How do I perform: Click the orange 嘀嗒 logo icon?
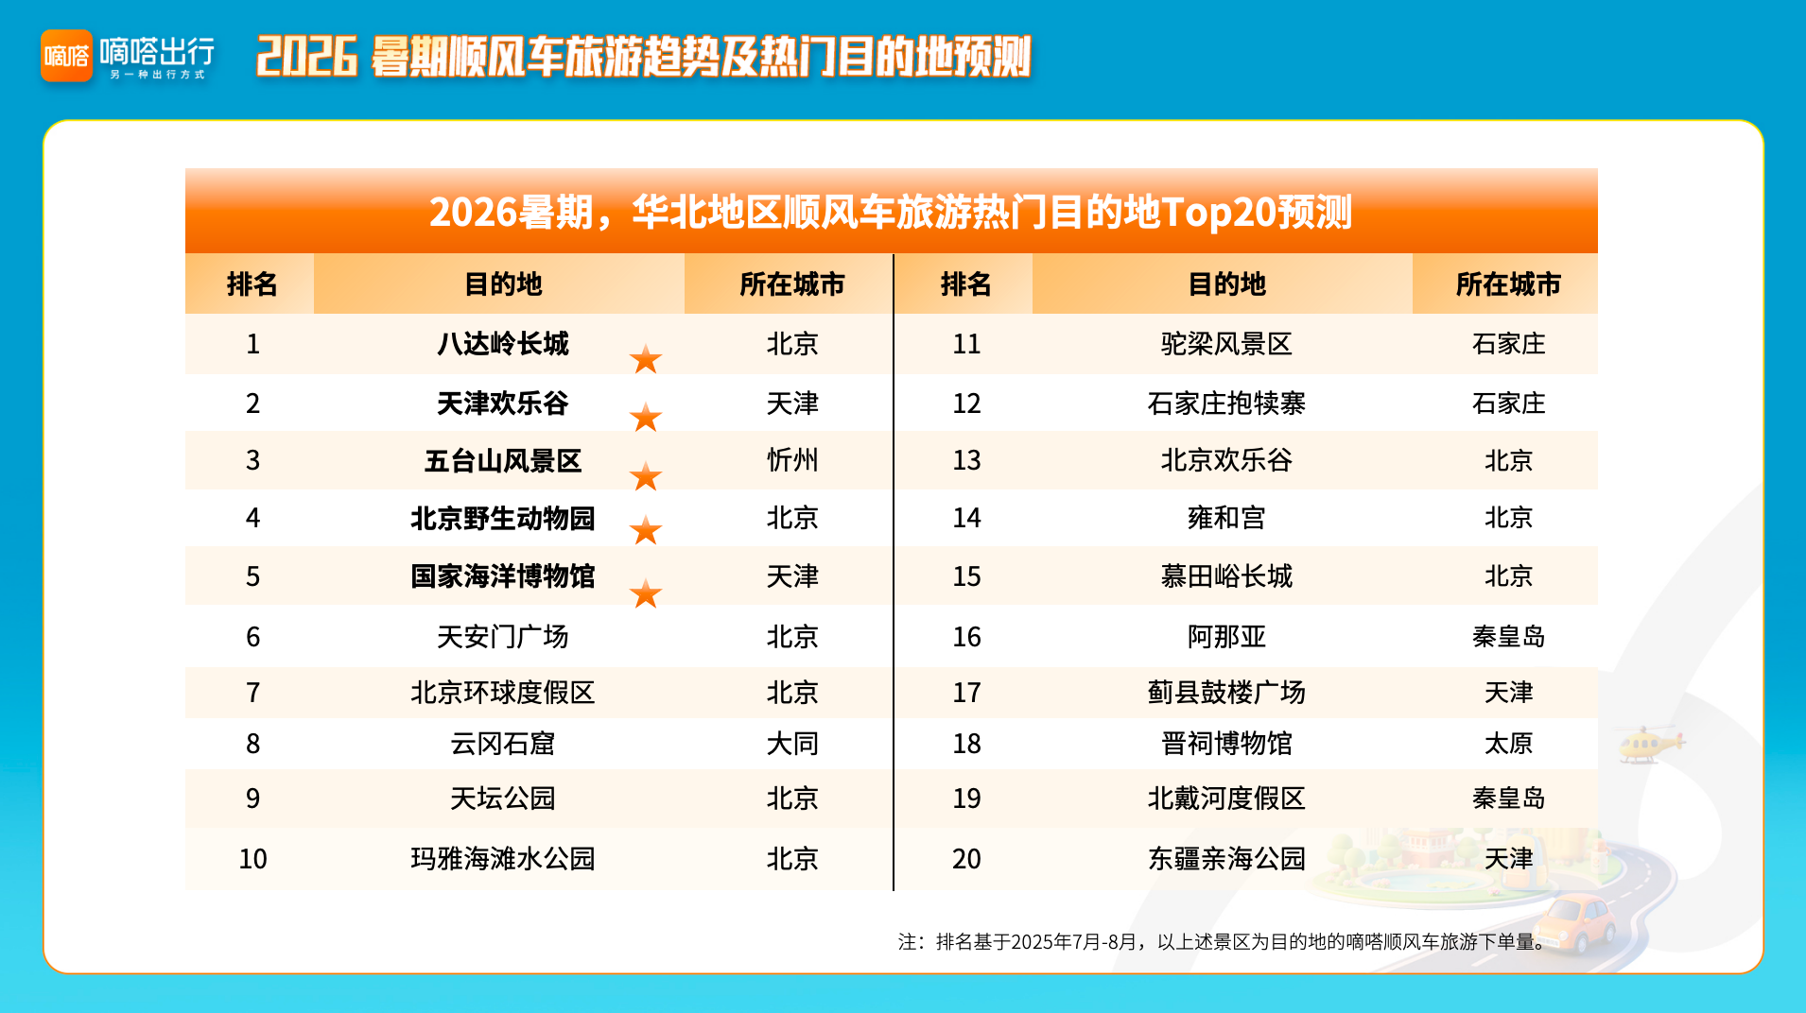click(66, 56)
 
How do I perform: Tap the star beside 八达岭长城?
click(646, 359)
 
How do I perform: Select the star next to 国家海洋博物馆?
click(646, 593)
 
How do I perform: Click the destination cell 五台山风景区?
click(503, 461)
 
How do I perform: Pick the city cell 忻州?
click(792, 460)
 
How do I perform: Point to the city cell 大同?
click(792, 744)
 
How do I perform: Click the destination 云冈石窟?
click(503, 744)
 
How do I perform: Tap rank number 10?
click(252, 859)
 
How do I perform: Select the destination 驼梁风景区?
click(1226, 344)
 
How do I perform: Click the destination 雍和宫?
click(1226, 518)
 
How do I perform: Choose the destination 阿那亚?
click(1226, 637)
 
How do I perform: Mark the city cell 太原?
click(1508, 744)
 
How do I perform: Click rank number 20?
click(966, 859)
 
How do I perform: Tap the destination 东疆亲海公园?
click(1226, 859)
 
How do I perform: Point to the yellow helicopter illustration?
click(1651, 744)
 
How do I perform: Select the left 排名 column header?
click(252, 284)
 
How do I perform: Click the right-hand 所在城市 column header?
click(1508, 284)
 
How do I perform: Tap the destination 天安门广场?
click(503, 637)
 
